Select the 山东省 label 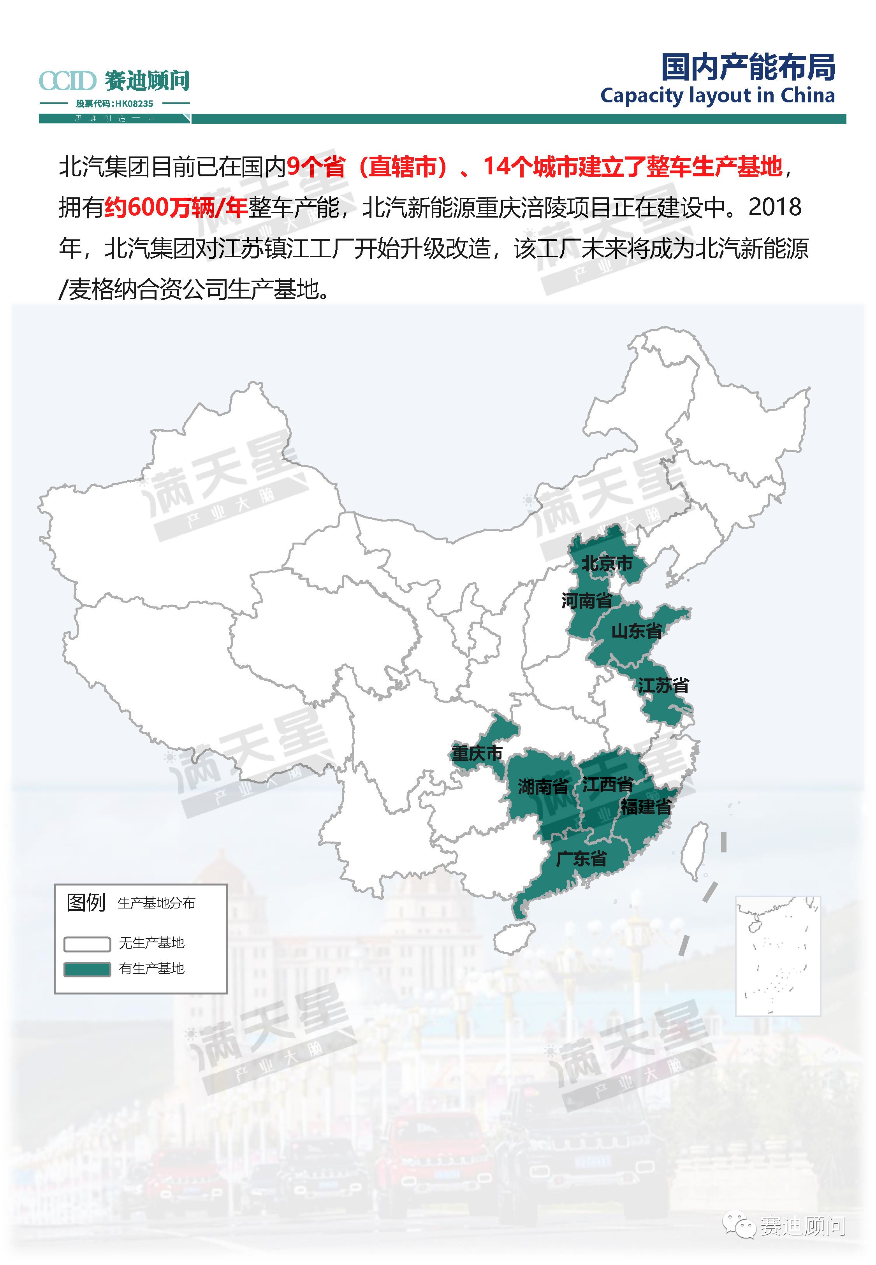pos(636,631)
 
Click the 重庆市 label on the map pos(477,753)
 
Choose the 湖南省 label pos(543,787)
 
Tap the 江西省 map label pos(608,784)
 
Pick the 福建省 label pos(646,806)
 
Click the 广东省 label pos(581,859)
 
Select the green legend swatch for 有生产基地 pos(87,969)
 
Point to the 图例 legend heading pos(86,902)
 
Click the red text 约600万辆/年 pos(176,207)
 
